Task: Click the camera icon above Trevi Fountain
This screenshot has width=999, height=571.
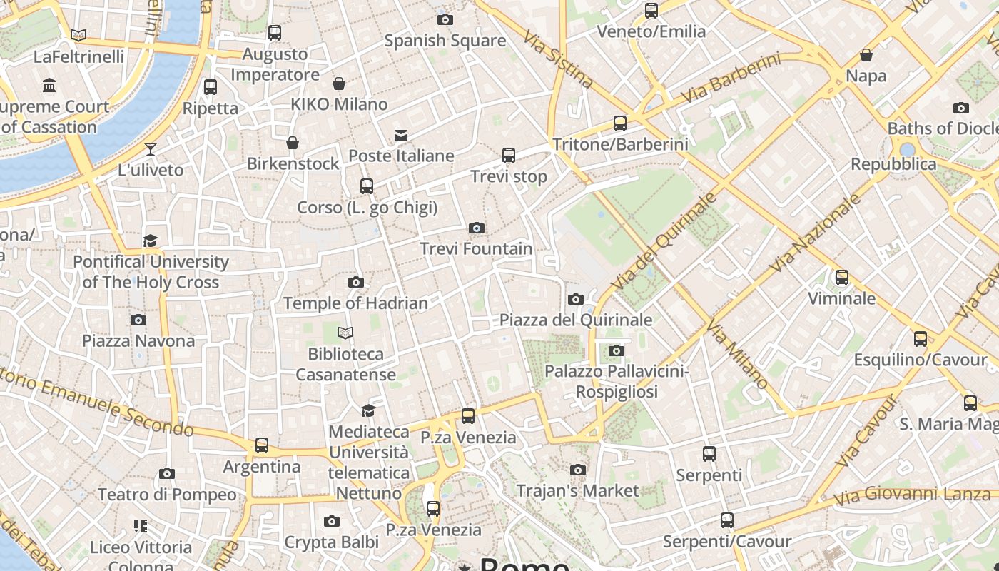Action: (x=477, y=228)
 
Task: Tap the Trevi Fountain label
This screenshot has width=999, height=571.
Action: (x=476, y=249)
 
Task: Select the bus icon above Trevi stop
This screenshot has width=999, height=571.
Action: (x=509, y=156)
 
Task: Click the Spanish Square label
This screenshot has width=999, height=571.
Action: (x=445, y=41)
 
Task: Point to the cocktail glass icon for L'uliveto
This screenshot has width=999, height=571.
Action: (x=150, y=149)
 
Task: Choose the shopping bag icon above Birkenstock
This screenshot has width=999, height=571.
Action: (x=293, y=143)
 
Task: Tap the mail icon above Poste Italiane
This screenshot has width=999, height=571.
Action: (x=401, y=136)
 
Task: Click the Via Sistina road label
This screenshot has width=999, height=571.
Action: (x=559, y=59)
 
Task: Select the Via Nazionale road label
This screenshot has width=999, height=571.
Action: (x=816, y=233)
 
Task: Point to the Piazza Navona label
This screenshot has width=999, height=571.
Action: (x=138, y=341)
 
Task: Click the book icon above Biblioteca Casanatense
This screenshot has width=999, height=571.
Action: (x=345, y=333)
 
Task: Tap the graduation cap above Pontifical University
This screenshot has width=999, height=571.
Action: (x=150, y=241)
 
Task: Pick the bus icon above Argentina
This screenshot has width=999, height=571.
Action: (x=262, y=445)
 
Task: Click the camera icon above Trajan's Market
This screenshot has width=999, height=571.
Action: (x=578, y=470)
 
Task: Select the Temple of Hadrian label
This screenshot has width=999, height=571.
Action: (x=355, y=303)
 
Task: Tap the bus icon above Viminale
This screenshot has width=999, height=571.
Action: (x=842, y=278)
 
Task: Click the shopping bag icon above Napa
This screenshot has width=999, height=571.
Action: (x=866, y=55)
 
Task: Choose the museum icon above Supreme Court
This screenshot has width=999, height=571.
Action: (x=49, y=86)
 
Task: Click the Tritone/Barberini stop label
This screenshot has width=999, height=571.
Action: (x=620, y=144)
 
